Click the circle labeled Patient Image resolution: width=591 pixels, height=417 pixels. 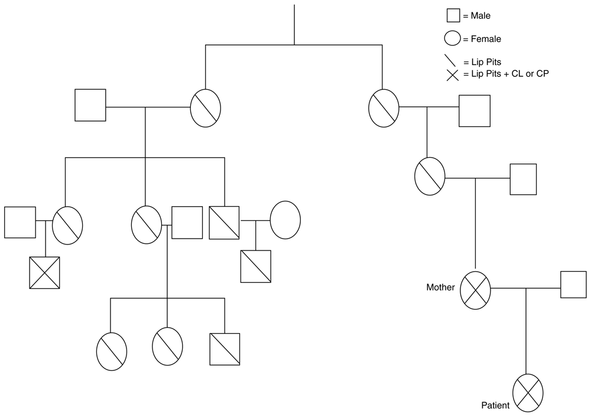tap(527, 393)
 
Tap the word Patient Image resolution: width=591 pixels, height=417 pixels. tap(495, 406)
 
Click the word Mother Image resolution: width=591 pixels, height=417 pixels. tap(441, 288)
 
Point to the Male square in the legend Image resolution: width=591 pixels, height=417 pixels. tap(453, 16)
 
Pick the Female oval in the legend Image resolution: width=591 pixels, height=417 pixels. tap(453, 39)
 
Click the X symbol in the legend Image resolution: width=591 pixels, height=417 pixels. tap(453, 75)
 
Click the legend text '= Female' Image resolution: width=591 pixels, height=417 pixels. tap(482, 40)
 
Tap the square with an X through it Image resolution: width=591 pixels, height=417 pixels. tap(45, 272)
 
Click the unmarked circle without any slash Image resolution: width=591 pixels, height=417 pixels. tap(285, 220)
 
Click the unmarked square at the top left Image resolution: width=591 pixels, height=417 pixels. tap(90, 105)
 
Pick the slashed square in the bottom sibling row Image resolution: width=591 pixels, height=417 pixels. tap(225, 349)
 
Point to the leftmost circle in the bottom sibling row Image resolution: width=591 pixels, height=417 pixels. tap(111, 350)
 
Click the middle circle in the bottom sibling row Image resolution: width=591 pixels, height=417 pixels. tap(167, 346)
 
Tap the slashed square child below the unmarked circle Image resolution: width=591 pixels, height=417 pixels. tap(255, 266)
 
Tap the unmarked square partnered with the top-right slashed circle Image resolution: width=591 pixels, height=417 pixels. tap(475, 110)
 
